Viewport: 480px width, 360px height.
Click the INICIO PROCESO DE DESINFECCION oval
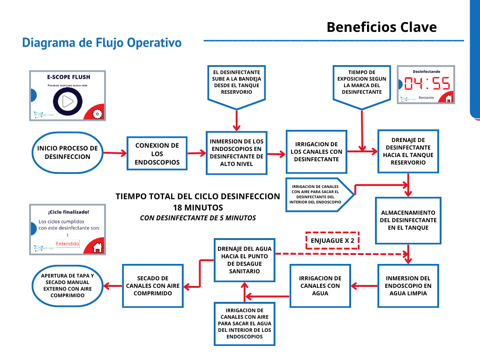pos(67,153)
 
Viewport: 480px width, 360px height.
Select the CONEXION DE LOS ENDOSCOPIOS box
pos(157,153)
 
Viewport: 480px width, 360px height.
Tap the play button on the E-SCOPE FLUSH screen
pos(68,101)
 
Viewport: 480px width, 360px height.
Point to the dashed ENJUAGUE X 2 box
pos(332,240)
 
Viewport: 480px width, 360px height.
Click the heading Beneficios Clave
pos(382,27)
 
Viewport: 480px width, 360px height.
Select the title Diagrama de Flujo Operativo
pos(102,43)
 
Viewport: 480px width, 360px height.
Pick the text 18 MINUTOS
pos(197,207)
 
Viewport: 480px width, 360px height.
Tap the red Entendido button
pos(67,244)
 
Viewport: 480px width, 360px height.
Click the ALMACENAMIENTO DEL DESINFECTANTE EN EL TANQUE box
pos(408,220)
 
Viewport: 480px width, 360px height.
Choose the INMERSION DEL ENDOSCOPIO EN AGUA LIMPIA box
pos(408,285)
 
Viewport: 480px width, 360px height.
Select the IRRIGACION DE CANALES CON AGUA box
pos(320,285)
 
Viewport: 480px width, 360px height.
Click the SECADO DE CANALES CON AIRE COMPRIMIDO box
pos(152,285)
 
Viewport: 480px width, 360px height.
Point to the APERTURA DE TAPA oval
pos(67,285)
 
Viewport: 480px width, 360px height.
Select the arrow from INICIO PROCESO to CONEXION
pos(115,153)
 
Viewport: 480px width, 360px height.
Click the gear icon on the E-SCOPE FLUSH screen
pos(97,113)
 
